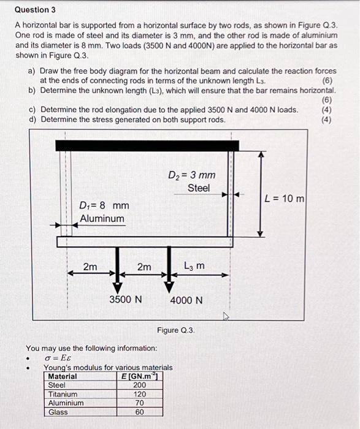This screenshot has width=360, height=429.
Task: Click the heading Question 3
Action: coord(35,10)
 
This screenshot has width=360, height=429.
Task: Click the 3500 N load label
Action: coord(126,300)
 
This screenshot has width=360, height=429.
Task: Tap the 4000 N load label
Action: coord(186,300)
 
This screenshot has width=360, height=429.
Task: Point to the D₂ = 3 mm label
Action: coord(191,175)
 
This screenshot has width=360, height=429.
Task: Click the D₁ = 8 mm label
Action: coord(104,205)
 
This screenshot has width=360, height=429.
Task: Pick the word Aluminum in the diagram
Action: coord(102,219)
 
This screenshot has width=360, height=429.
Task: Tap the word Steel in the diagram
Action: coord(198,188)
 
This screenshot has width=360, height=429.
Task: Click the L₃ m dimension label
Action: coord(194,266)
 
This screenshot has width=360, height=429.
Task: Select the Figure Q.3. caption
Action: coord(175,330)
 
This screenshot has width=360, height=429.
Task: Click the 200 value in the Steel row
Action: coord(140,385)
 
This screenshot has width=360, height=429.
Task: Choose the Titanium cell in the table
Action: coord(63,394)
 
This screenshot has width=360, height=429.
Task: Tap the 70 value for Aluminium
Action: coord(140,403)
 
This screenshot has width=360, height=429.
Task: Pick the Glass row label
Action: coord(58,412)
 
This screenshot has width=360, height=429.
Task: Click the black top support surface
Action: coord(146,145)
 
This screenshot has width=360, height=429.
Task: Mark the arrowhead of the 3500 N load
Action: coord(116,288)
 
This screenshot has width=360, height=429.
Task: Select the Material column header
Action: coord(63,376)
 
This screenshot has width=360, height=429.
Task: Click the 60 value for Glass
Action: coord(140,412)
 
